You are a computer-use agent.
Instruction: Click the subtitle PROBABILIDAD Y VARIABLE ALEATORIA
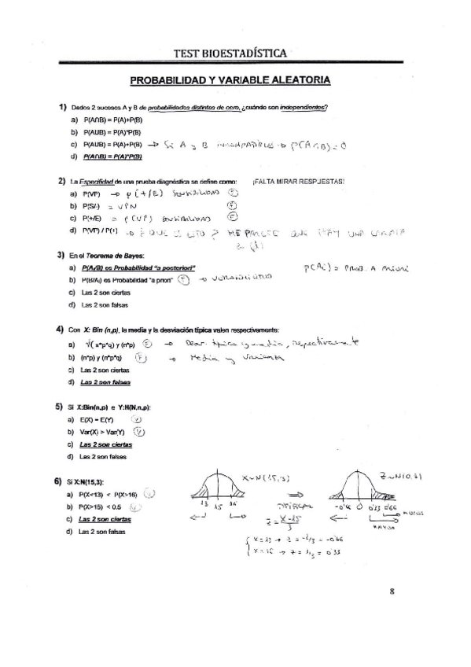pyautogui.click(x=230, y=80)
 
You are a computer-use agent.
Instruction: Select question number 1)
pyautogui.click(x=61, y=107)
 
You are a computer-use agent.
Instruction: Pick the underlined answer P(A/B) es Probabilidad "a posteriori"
pyautogui.click(x=138, y=268)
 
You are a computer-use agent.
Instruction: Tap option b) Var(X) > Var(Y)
pyautogui.click(x=104, y=431)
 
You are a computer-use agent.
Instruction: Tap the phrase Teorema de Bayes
pyautogui.click(x=106, y=256)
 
